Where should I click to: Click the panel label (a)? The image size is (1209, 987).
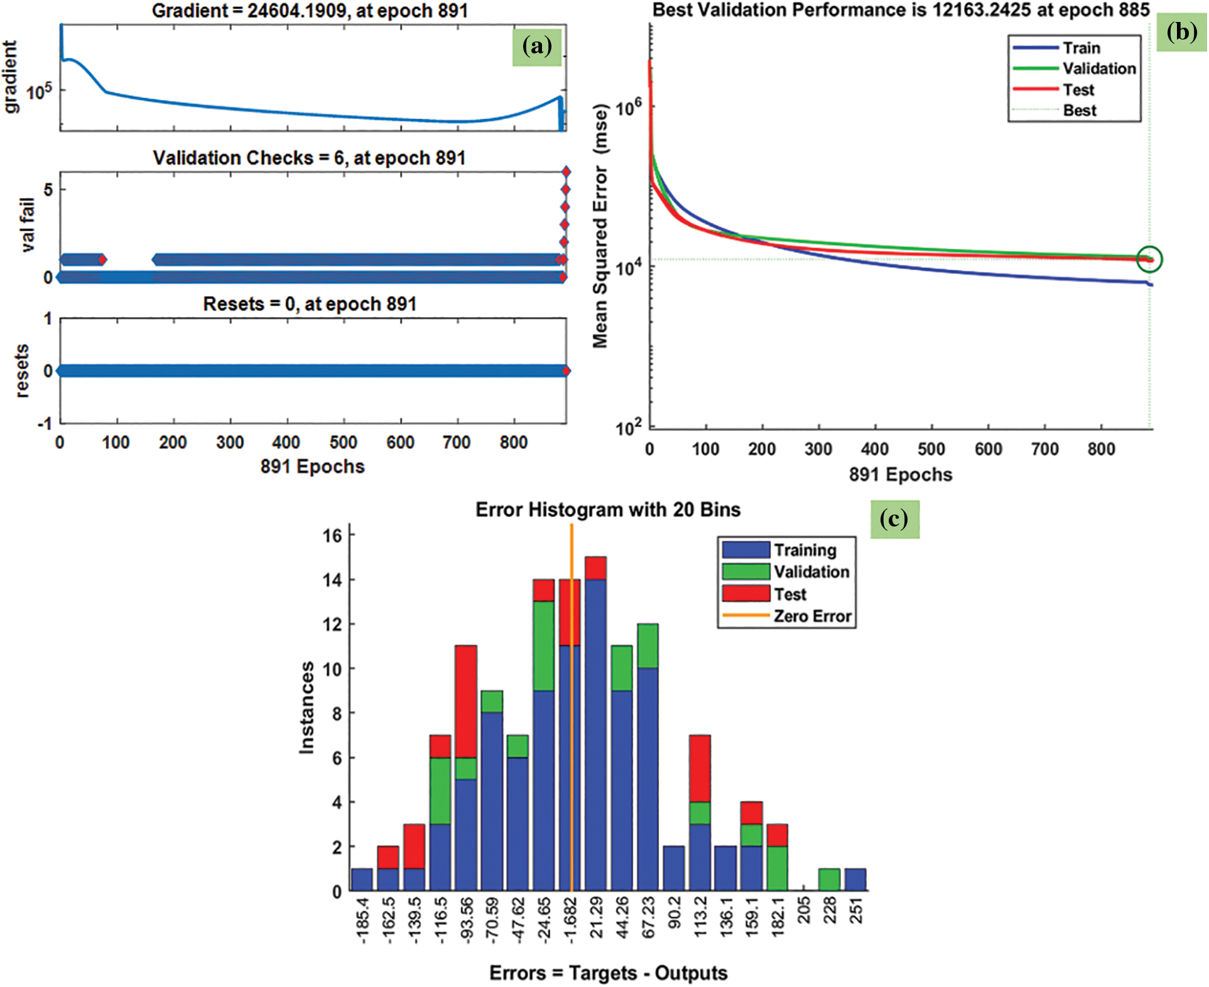(x=536, y=46)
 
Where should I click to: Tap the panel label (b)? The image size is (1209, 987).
(x=1181, y=32)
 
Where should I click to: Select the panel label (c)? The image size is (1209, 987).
(x=894, y=519)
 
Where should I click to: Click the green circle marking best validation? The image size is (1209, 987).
(x=1149, y=259)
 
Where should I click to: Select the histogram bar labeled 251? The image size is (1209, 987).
(x=855, y=880)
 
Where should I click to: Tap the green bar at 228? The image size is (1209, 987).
(x=829, y=880)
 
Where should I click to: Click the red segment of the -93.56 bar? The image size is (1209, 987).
(x=465, y=701)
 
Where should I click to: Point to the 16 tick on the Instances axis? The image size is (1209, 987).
(x=332, y=535)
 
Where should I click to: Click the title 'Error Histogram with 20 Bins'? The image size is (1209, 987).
(x=607, y=510)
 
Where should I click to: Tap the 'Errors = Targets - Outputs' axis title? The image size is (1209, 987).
(x=608, y=973)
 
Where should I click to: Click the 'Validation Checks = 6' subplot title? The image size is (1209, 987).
(x=309, y=158)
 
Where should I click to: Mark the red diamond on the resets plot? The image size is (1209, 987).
(x=567, y=371)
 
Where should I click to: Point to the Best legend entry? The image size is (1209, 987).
(x=1079, y=111)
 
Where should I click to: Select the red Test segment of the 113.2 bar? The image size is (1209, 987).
(x=699, y=768)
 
